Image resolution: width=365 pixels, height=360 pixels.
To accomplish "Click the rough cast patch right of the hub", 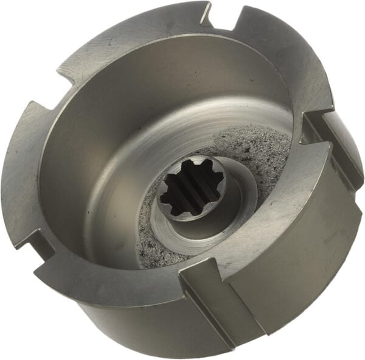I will pos(262,152).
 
